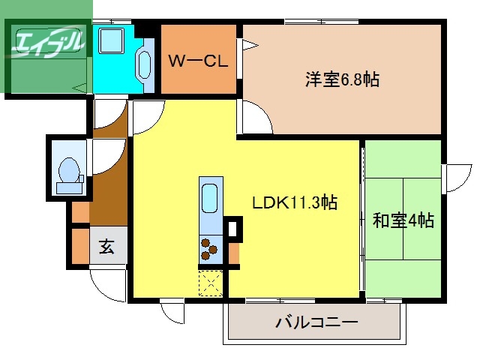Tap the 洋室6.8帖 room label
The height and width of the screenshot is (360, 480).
coord(341,78)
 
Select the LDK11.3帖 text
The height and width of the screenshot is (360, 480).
coord(293,202)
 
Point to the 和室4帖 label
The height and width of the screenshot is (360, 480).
coord(403,220)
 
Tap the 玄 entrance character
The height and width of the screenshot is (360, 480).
coord(107,247)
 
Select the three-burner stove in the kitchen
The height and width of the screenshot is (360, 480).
coord(209,247)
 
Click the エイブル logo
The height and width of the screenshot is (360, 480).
coord(46,43)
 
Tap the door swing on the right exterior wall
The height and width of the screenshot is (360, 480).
coord(456,178)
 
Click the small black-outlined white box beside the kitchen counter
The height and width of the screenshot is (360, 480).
coord(233,227)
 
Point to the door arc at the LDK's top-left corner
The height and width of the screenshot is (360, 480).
coord(147,117)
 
